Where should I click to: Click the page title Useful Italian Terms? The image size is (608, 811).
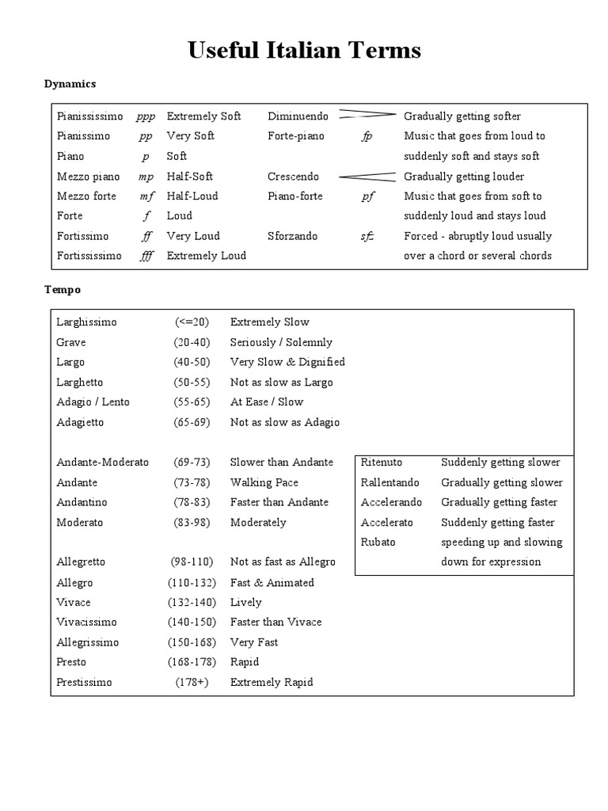pos(304,51)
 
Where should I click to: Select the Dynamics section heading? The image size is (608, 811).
pos(70,83)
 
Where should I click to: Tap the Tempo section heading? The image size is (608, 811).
pos(62,290)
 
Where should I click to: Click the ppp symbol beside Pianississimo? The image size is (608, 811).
pos(146,116)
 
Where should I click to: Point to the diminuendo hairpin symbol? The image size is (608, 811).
pos(367,116)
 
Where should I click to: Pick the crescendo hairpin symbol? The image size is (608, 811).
pos(367,176)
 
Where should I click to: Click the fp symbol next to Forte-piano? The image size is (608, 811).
pos(367,136)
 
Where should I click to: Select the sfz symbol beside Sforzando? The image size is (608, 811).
pos(367,236)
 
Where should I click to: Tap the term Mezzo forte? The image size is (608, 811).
pos(86,196)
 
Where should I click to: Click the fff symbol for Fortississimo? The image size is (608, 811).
pos(146,256)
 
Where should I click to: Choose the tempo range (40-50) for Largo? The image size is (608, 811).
pos(192,362)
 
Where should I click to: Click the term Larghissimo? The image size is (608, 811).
pos(86,322)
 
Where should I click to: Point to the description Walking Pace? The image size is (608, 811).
pos(264,482)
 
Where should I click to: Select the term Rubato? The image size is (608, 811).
pos(378,542)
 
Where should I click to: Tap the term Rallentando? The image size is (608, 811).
pos(389,482)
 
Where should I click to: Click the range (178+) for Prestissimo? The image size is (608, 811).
pos(192,682)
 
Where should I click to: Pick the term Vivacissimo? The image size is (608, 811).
pos(86,622)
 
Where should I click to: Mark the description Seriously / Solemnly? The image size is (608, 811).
pos(281,342)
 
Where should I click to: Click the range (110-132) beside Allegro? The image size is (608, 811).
pos(192,582)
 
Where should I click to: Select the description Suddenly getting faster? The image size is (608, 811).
pos(497,522)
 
